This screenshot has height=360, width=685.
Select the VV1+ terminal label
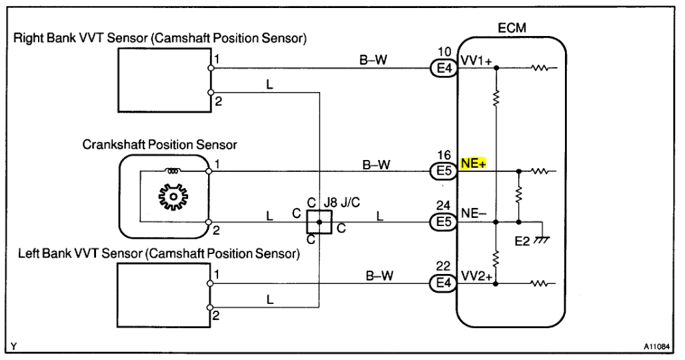pyautogui.click(x=476, y=61)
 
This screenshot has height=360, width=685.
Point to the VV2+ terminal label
pyautogui.click(x=476, y=277)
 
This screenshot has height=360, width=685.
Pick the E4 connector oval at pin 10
pyautogui.click(x=442, y=67)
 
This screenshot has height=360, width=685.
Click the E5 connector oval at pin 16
pyautogui.click(x=442, y=171)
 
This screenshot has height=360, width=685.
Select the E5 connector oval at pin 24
pyautogui.click(x=442, y=222)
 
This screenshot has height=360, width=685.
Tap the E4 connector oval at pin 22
pyautogui.click(x=442, y=283)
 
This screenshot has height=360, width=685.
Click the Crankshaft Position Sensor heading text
pyautogui.click(x=160, y=144)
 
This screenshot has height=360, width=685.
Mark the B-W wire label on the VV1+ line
pyautogui.click(x=374, y=60)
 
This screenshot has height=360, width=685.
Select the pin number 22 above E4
pyautogui.click(x=445, y=267)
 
